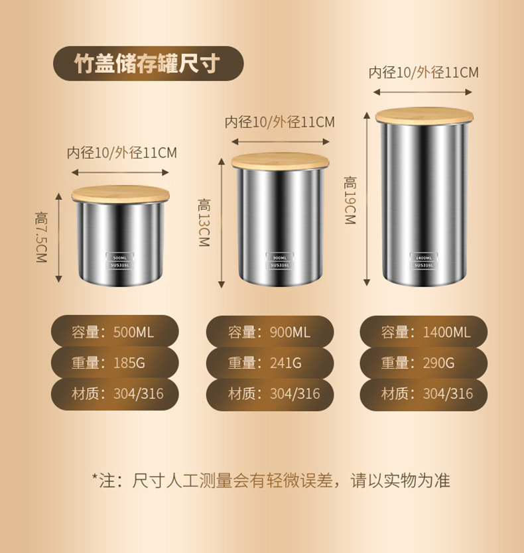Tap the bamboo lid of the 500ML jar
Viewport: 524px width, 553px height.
pyautogui.click(x=120, y=194)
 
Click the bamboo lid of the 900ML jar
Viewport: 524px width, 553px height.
pyautogui.click(x=280, y=161)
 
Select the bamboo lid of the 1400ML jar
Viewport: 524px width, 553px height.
pyautogui.click(x=425, y=116)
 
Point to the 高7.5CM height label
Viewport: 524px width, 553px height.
pyautogui.click(x=42, y=237)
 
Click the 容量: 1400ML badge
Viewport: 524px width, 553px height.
pyautogui.click(x=425, y=332)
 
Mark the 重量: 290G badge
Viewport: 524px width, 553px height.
pyautogui.click(x=425, y=363)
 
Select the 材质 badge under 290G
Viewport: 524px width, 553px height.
pyautogui.click(x=425, y=394)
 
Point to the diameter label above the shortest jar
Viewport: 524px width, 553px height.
pyautogui.click(x=121, y=153)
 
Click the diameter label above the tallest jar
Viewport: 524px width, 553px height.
pyautogui.click(x=423, y=73)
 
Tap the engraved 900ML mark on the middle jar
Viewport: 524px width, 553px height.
pyautogui.click(x=279, y=257)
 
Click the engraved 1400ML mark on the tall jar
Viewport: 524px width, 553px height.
pyautogui.click(x=424, y=257)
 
